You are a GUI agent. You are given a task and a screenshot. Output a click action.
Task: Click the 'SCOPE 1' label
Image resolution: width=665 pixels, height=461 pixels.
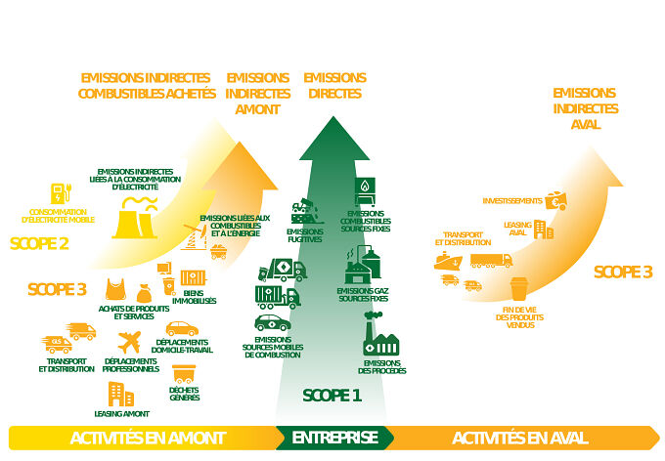[332, 396]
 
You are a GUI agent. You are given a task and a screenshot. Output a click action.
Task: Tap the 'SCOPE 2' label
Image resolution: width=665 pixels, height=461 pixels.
[39, 243]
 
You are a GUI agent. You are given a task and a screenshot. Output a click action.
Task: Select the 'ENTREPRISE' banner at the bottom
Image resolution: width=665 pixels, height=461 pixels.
[334, 438]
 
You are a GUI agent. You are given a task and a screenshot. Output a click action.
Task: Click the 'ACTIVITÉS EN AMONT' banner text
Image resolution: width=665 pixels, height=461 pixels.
[148, 438]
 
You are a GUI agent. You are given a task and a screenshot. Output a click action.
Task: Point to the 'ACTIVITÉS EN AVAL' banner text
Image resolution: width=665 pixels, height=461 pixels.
[519, 438]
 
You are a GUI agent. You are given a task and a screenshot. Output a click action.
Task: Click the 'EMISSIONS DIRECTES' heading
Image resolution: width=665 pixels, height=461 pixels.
[334, 86]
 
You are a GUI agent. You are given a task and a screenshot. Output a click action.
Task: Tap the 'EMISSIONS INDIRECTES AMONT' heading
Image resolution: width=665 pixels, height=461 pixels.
[257, 94]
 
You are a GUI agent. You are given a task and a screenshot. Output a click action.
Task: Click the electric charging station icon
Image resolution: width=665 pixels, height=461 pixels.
[60, 192]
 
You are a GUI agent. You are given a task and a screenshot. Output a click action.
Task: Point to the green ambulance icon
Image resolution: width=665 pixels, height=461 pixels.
[272, 323]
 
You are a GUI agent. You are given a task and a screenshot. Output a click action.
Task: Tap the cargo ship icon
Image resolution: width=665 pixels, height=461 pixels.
[449, 261]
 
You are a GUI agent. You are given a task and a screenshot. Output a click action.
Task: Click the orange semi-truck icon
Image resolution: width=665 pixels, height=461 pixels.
[490, 261]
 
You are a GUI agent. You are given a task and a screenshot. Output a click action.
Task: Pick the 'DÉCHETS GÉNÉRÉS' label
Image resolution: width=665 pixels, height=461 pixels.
[183, 393]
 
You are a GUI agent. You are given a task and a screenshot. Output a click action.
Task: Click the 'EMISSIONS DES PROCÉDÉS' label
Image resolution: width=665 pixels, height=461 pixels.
[381, 367]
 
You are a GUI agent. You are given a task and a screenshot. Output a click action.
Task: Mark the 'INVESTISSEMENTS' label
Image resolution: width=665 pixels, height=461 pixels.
[511, 200]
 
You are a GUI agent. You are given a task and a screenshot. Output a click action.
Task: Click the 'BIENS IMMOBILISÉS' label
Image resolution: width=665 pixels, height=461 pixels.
[199, 297]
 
